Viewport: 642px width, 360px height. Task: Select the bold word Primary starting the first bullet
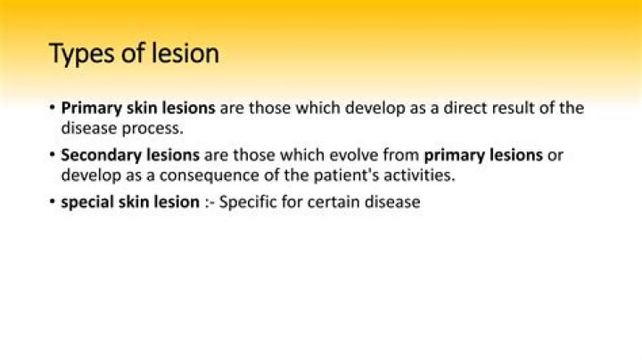[90, 109]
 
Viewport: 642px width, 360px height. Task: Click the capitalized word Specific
[250, 202]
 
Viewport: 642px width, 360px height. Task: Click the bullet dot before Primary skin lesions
[53, 109]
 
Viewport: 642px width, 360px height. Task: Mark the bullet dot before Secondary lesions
[53, 155]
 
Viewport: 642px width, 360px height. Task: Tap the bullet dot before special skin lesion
[53, 202]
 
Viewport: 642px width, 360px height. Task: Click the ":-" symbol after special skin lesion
[209, 203]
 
